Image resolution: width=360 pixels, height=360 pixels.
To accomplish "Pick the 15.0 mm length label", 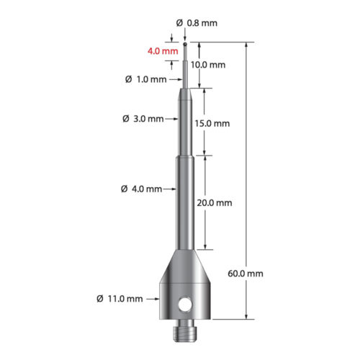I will pos(212,123).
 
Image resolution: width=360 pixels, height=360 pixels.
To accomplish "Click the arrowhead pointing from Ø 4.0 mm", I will pos(174,189).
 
